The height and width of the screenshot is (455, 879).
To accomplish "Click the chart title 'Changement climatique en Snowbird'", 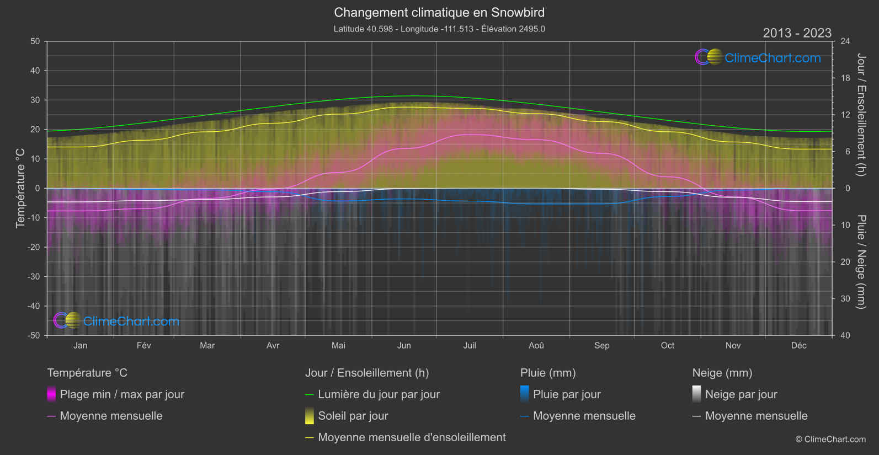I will [x=439, y=13].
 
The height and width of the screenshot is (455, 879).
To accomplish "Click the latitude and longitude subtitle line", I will [x=439, y=29].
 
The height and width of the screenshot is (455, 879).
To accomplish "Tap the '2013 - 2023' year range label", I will [x=797, y=33].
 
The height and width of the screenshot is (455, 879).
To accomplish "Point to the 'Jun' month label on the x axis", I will [x=404, y=345].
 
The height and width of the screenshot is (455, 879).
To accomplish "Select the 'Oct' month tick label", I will [x=667, y=345].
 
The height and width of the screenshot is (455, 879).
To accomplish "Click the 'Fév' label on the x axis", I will [x=143, y=345].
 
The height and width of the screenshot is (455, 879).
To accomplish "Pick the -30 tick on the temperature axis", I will [x=34, y=276].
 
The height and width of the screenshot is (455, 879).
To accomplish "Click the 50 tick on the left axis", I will [x=35, y=41].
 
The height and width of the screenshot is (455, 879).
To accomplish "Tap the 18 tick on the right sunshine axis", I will [x=845, y=78].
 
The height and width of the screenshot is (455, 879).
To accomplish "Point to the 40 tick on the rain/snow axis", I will [x=845, y=335].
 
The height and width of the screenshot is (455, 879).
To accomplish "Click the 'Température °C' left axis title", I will [x=20, y=188].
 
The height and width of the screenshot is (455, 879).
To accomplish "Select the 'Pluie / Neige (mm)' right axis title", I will [x=861, y=262].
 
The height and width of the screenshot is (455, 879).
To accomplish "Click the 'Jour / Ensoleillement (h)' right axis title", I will [x=861, y=115].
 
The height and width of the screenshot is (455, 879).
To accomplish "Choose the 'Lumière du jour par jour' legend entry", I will [x=379, y=394].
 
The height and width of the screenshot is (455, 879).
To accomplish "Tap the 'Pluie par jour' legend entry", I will [x=567, y=394].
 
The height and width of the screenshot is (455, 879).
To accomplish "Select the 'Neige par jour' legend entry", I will [x=741, y=394].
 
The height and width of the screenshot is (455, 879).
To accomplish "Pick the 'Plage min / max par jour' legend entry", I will [x=122, y=394].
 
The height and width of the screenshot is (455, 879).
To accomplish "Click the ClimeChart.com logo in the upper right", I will [x=758, y=57].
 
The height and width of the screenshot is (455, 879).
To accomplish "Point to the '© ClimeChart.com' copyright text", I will [x=830, y=440].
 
